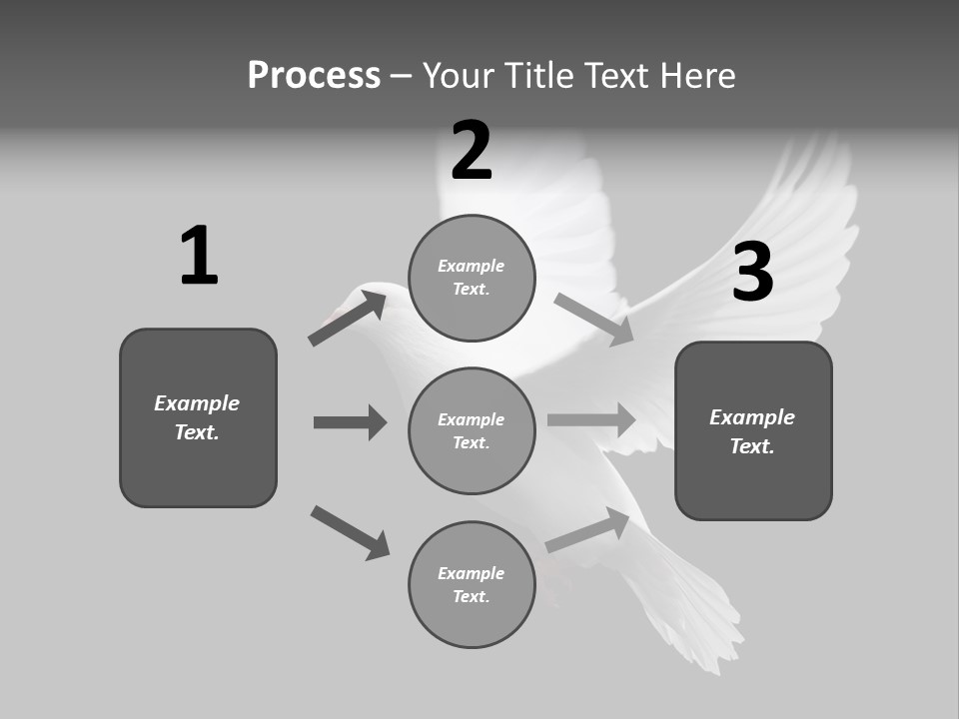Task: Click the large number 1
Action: click(198, 257)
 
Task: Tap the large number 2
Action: click(472, 151)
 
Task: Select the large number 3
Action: click(753, 273)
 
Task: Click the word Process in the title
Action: click(314, 75)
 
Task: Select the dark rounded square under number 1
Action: click(198, 417)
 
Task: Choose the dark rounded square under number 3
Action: click(753, 430)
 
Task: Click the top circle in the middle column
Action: click(472, 278)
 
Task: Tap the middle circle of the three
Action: click(472, 430)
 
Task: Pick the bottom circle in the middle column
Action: click(472, 584)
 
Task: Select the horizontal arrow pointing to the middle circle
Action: click(350, 422)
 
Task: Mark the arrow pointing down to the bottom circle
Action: click(350, 532)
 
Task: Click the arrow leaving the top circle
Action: click(594, 319)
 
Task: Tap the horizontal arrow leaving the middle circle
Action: click(591, 419)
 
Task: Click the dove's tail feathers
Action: click(689, 609)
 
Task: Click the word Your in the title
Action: click(456, 75)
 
